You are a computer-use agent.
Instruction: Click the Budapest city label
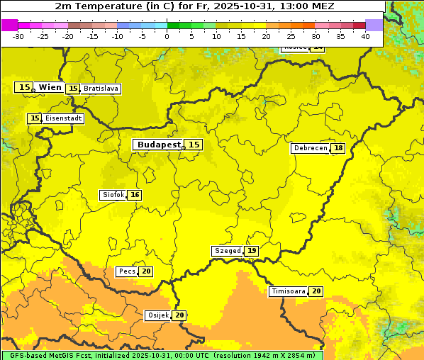[158, 145]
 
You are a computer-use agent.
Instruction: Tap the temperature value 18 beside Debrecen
[338, 148]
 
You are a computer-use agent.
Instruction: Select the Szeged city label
[227, 251]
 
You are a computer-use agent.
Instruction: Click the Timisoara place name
[289, 291]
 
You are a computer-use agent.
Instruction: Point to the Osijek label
[157, 315]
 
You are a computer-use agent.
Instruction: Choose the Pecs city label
[127, 271]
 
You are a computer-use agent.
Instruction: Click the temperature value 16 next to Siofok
[135, 195]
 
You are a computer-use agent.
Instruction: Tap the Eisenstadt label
[64, 118]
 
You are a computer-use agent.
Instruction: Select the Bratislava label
[100, 89]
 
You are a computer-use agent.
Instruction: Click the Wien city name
[50, 87]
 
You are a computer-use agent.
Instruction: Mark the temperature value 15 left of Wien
[24, 87]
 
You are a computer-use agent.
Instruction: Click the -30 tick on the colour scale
[18, 36]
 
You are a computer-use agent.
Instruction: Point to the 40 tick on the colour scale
[365, 36]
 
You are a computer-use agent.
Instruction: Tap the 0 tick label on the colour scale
[167, 36]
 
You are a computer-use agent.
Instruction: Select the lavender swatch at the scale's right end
[374, 25]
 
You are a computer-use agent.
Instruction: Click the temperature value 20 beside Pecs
[146, 271]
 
